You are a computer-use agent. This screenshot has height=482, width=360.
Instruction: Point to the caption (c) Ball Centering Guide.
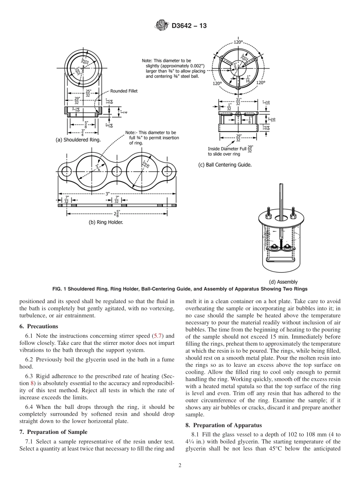click(x=225, y=165)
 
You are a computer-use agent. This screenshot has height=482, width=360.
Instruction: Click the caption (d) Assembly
click(x=283, y=282)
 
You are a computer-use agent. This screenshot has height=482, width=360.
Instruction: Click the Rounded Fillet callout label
click(x=124, y=91)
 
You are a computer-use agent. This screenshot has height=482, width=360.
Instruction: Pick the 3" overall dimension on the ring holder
click(x=108, y=194)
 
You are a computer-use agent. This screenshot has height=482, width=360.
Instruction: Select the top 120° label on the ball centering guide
click(x=238, y=42)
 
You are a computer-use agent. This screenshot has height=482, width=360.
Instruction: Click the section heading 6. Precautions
click(x=39, y=326)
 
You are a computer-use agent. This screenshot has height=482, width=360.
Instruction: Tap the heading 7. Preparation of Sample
click(x=53, y=421)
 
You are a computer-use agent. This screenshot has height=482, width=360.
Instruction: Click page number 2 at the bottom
click(x=180, y=466)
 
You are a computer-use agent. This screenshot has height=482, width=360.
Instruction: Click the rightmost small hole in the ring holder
click(x=167, y=171)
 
